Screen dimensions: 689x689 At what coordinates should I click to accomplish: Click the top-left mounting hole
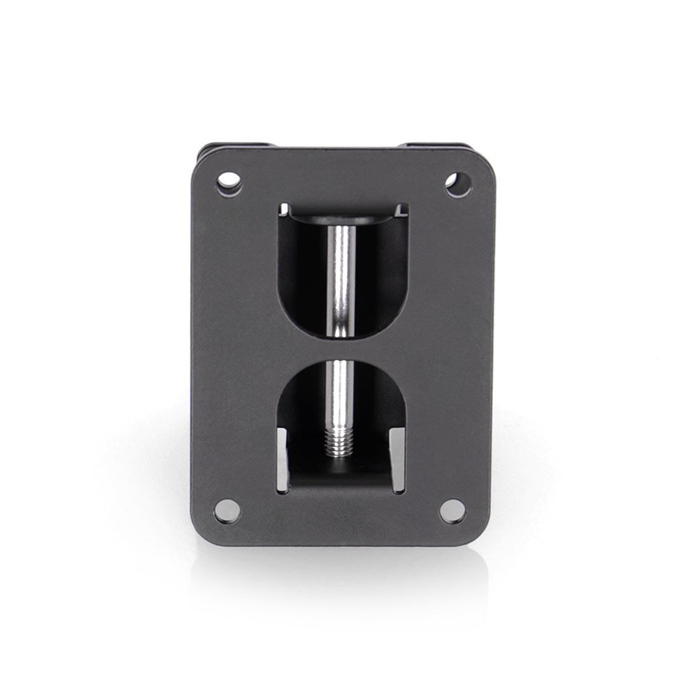pos(228,183)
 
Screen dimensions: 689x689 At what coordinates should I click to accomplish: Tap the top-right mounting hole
pos(457,183)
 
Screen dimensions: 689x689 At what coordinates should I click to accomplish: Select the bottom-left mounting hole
pos(227,510)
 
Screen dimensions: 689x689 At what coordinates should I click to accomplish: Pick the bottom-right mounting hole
pos(452,510)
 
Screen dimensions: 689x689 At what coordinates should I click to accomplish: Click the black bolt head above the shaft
pos(342,219)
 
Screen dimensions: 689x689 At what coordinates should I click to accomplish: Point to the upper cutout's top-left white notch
pos(285,208)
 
